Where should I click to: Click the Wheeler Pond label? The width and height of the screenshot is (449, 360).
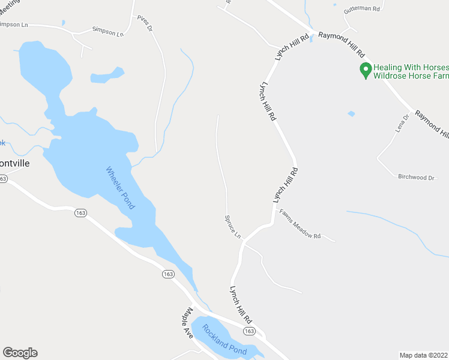click(x=121, y=187)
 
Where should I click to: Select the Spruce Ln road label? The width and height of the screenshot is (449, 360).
click(x=232, y=227)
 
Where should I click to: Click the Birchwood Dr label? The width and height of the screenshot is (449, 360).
click(x=416, y=177)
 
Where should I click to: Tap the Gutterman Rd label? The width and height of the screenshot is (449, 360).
click(x=361, y=10)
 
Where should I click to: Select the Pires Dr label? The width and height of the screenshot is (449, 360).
click(x=145, y=23)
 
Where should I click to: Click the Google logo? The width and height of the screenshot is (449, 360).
click(x=20, y=353)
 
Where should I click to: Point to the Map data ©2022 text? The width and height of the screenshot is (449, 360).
click(x=423, y=355)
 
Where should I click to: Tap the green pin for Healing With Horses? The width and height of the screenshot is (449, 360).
click(x=364, y=70)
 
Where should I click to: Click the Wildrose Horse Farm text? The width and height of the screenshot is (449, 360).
click(x=411, y=76)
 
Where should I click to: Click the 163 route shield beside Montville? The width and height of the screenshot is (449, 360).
click(x=3, y=179)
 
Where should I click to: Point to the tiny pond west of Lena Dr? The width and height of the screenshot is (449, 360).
click(x=351, y=113)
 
